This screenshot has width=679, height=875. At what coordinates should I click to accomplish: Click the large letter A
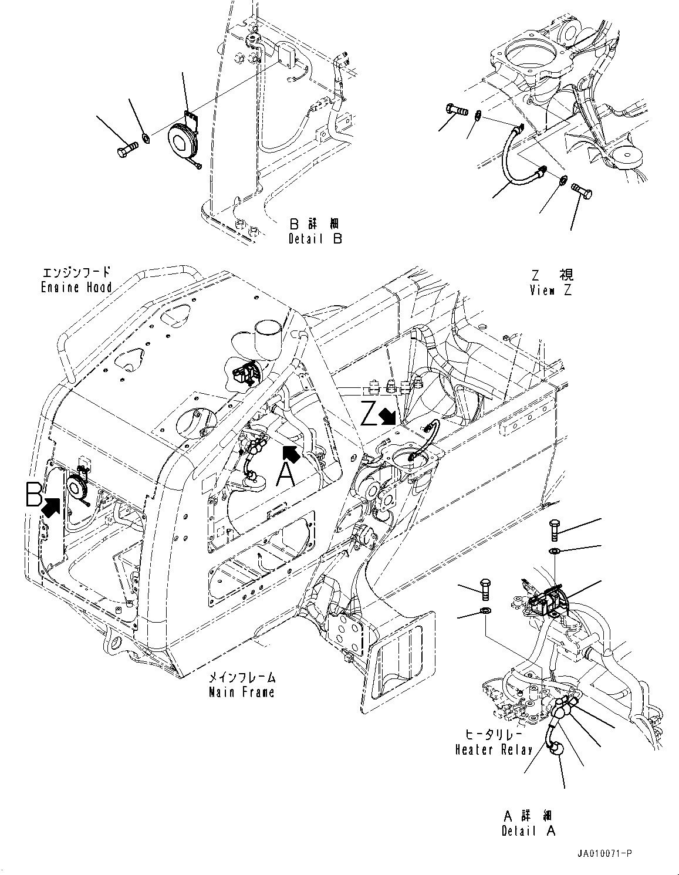pyautogui.click(x=285, y=474)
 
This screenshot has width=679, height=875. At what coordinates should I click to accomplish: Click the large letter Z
pyautogui.click(x=369, y=413)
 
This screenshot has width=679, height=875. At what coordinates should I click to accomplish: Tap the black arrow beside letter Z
pyautogui.click(x=387, y=417)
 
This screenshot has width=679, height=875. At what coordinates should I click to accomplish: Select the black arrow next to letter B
pyautogui.click(x=52, y=506)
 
